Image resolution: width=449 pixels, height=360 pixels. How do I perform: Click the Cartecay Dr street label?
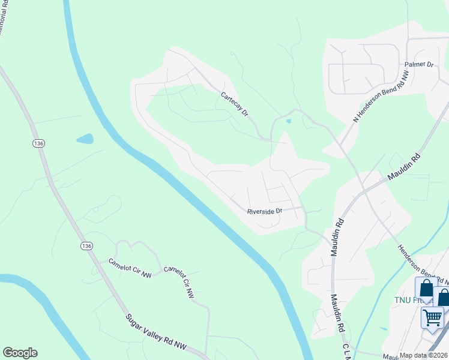click(234, 104)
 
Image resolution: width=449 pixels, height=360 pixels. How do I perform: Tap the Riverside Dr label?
click(265, 211)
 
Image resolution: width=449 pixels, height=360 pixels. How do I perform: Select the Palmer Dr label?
click(419, 64)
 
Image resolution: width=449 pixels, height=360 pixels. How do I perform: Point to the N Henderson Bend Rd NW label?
click(381, 98)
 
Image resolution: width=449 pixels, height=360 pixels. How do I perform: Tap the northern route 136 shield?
click(39, 143)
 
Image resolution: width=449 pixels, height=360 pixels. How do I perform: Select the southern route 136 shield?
click(86, 247)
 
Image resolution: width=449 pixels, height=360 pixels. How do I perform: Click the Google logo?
click(20, 353)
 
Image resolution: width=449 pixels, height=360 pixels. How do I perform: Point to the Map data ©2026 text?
click(423, 355)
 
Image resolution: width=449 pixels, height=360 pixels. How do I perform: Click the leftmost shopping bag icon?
click(426, 288)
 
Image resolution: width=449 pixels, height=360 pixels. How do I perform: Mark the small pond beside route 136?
click(85, 139)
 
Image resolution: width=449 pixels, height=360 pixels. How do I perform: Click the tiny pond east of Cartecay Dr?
click(289, 121)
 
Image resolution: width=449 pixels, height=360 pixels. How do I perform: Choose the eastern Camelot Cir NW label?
click(180, 282)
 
